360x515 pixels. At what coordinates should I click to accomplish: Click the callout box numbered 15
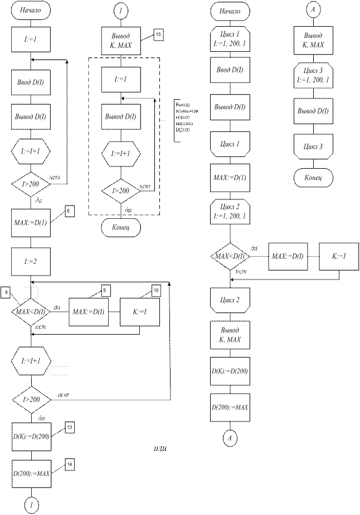pos(158,35)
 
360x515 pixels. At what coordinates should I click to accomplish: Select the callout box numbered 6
pos(69,212)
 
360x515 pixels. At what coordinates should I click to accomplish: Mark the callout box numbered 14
pos(70,464)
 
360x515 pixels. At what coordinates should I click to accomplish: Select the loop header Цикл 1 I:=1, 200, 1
pos(230,38)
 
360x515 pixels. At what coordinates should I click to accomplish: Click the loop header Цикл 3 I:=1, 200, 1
pos(312,76)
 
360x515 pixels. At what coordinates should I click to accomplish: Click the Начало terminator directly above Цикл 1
pos(230,11)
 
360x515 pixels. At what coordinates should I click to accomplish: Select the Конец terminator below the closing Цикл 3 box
pos(312,178)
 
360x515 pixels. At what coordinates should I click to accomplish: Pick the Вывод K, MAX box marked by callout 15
pos(121,40)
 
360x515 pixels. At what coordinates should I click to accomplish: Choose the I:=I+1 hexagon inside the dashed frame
pos(121,153)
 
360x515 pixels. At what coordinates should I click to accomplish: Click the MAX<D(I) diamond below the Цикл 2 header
pos(230,256)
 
